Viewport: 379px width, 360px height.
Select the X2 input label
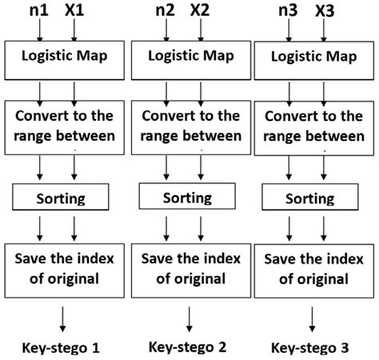200,11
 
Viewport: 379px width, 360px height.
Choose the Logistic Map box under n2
189,58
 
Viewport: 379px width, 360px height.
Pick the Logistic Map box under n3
313,58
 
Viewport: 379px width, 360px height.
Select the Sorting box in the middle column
188,196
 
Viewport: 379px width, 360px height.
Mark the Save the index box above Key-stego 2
189,268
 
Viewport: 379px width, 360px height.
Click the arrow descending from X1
74,30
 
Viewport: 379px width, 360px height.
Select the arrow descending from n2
168,30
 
